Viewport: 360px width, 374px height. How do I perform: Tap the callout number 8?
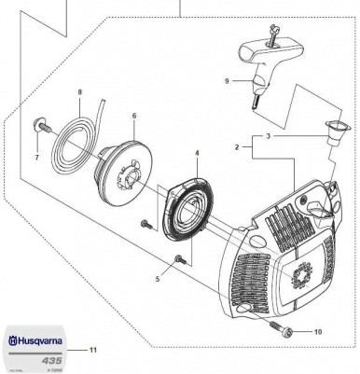point(81,92)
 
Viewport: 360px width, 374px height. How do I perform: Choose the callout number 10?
point(318,331)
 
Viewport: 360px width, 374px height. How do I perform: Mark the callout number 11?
point(92,350)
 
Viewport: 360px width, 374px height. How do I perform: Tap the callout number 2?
point(239,147)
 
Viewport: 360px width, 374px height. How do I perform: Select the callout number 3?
point(271,136)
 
